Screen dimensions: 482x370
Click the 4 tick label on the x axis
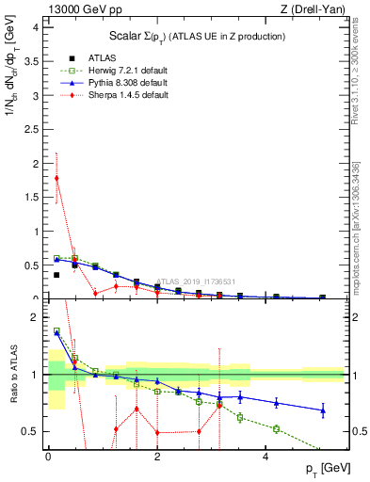click(x=266, y=458)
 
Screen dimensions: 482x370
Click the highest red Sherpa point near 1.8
click(x=56, y=178)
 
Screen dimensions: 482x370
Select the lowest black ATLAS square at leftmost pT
click(x=56, y=275)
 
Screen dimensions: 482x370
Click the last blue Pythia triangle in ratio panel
click(x=323, y=410)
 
